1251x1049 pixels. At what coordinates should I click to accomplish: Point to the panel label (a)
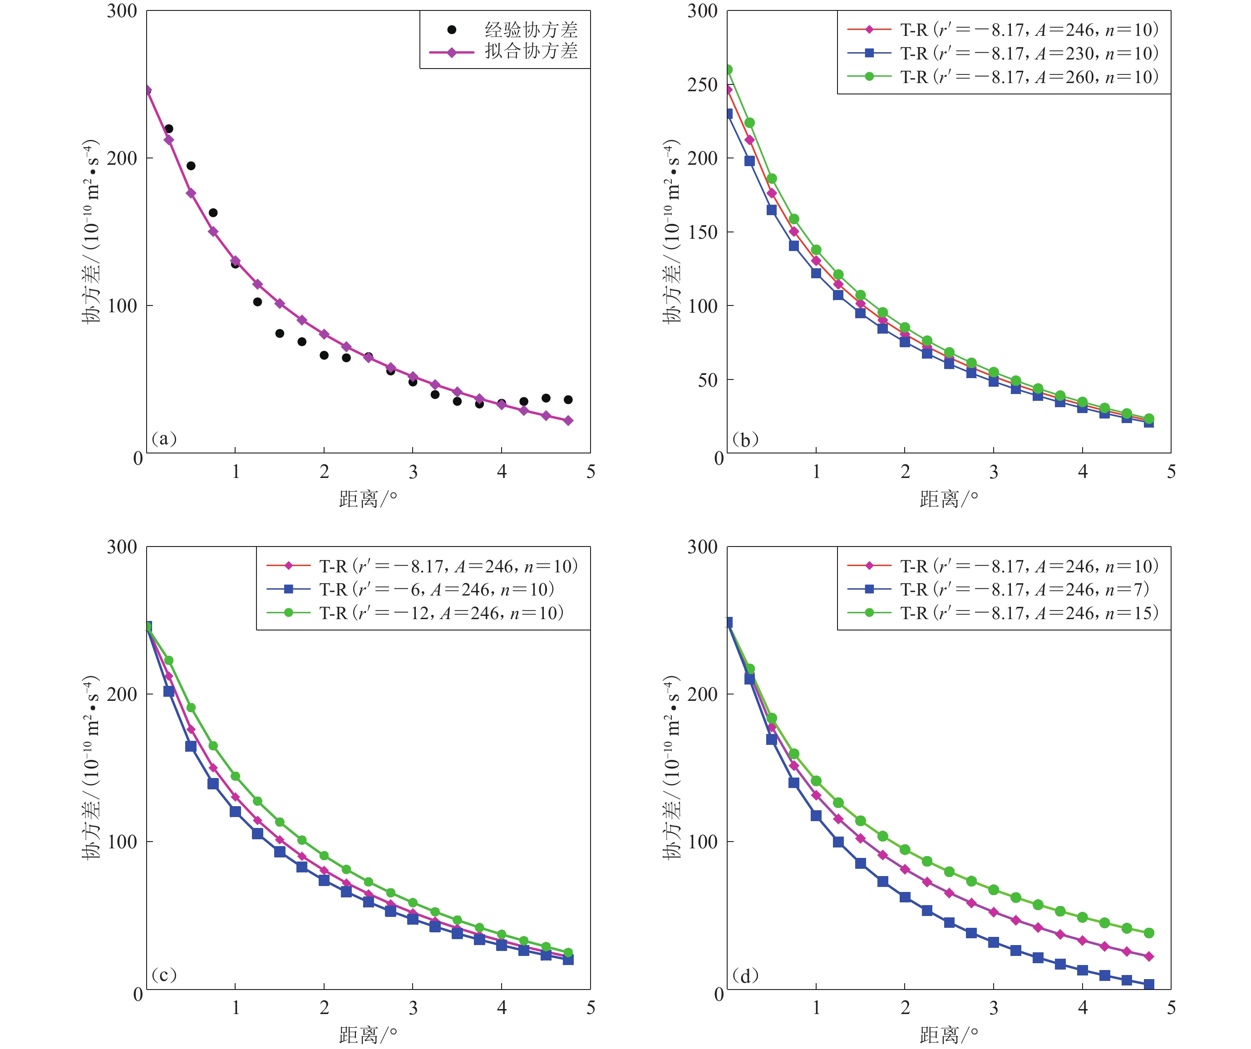point(164,439)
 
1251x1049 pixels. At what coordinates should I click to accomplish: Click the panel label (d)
point(745,975)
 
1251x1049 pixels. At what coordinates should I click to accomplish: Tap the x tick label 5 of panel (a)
point(591,472)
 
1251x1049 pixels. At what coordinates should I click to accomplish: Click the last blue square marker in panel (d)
point(1148,984)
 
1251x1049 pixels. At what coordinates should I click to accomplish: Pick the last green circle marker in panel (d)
point(1148,933)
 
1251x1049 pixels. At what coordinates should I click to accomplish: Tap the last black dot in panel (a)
point(568,400)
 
